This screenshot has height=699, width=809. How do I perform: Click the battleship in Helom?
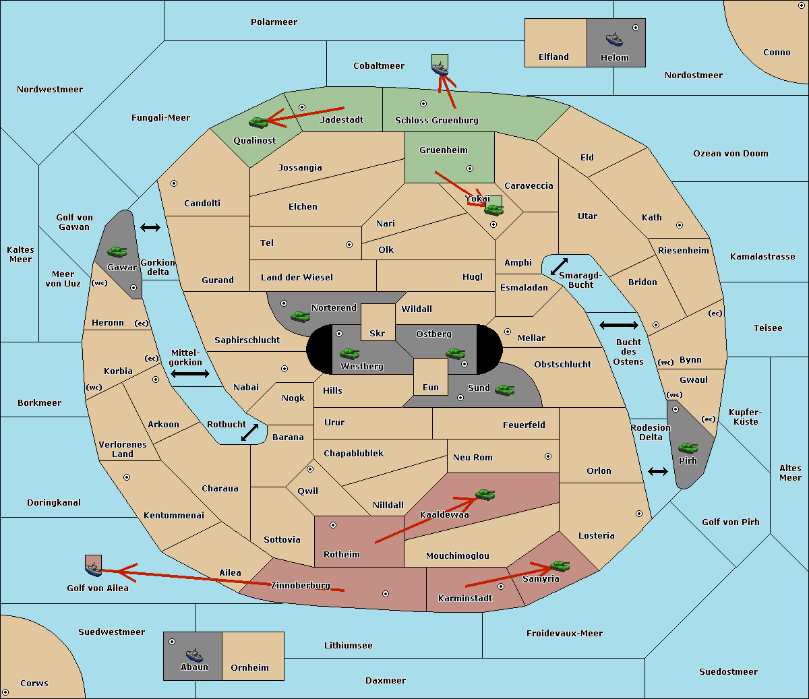click(x=614, y=39)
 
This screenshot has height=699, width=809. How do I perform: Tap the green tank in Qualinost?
click(x=258, y=122)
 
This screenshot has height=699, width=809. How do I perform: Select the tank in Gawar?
click(x=117, y=252)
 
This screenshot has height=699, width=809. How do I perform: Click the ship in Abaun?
click(x=194, y=655)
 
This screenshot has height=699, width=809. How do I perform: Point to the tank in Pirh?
click(x=688, y=448)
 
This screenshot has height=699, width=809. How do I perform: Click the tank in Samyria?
click(x=560, y=566)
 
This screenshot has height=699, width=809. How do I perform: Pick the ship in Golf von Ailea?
click(x=93, y=570)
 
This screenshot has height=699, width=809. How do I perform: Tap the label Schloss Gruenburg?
click(x=436, y=121)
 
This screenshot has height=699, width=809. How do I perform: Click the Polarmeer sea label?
click(x=274, y=22)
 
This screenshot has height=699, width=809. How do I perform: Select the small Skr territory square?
click(x=378, y=322)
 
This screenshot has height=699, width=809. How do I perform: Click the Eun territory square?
click(x=431, y=376)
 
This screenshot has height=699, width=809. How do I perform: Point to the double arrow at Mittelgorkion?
click(x=190, y=373)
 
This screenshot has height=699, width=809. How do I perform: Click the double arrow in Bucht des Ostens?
click(x=618, y=326)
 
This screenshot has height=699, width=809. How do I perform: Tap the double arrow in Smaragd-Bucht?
click(x=559, y=266)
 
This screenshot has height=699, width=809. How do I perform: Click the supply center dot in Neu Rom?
click(x=548, y=456)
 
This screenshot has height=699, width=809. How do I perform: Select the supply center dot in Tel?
click(x=349, y=245)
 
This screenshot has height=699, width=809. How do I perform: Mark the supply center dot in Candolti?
click(x=174, y=183)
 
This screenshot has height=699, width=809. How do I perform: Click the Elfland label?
click(x=553, y=57)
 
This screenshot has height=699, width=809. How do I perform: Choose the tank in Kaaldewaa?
click(x=485, y=495)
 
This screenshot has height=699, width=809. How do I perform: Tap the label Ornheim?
click(x=249, y=668)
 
